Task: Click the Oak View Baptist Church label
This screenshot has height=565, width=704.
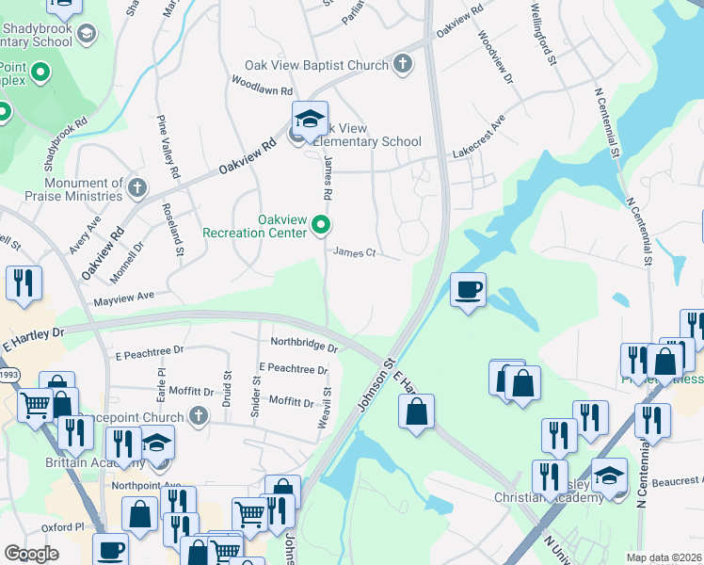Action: (x=315, y=65)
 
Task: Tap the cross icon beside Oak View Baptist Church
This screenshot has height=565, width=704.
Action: (x=402, y=65)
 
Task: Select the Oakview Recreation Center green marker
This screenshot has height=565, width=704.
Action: (x=321, y=225)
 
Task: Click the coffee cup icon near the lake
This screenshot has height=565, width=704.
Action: (x=468, y=289)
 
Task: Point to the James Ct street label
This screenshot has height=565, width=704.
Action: (x=355, y=252)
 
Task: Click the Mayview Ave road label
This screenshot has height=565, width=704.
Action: (x=123, y=299)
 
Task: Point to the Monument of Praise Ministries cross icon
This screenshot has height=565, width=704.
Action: (x=137, y=187)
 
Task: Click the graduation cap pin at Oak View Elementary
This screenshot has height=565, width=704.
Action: (x=309, y=120)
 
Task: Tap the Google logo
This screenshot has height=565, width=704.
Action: (x=31, y=553)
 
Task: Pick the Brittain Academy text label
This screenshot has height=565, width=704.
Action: (x=92, y=463)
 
